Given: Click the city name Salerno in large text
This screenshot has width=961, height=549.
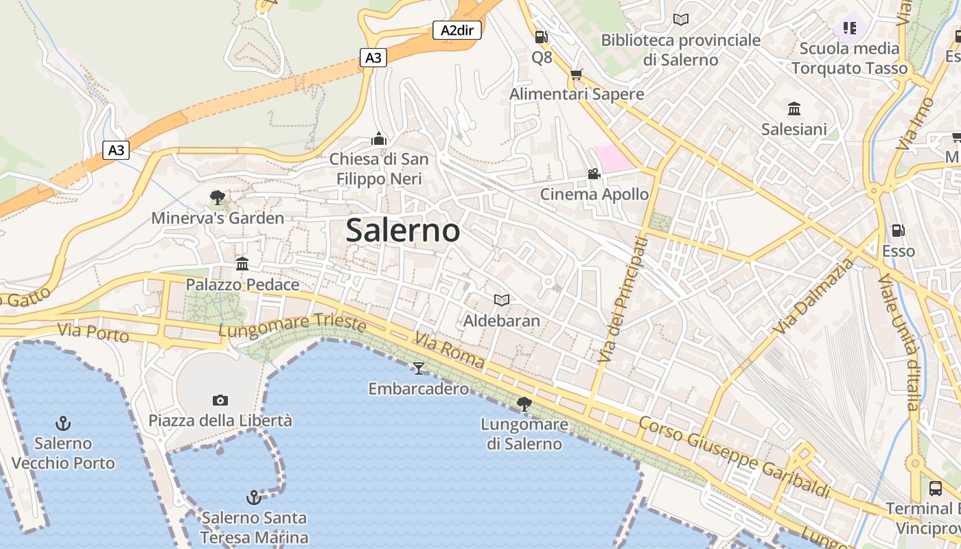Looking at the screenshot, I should pyautogui.click(x=403, y=230).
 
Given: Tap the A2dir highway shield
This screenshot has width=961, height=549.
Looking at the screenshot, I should pyautogui.click(x=456, y=30).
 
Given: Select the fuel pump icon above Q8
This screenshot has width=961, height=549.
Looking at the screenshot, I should pyautogui.click(x=542, y=37).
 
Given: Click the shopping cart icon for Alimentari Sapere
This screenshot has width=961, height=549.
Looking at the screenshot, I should pyautogui.click(x=577, y=73).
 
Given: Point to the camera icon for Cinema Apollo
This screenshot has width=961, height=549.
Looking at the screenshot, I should pyautogui.click(x=594, y=174).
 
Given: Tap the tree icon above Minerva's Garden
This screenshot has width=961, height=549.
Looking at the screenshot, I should pyautogui.click(x=218, y=198).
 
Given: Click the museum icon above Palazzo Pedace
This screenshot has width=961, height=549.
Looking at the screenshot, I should pyautogui.click(x=242, y=264).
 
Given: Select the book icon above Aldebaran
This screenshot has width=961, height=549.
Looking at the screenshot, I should pyautogui.click(x=502, y=300).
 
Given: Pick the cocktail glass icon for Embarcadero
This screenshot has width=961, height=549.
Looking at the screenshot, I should pyautogui.click(x=418, y=369).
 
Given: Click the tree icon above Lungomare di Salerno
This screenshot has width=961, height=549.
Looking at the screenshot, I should pyautogui.click(x=524, y=404).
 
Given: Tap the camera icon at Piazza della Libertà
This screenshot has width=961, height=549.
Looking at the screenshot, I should pyautogui.click(x=220, y=400).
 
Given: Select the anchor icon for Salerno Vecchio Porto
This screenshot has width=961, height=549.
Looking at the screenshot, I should pyautogui.click(x=63, y=423).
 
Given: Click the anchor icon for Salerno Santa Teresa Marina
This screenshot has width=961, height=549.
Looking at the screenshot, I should pyautogui.click(x=254, y=497).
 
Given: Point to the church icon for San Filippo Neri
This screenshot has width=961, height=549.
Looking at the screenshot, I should pyautogui.click(x=379, y=139).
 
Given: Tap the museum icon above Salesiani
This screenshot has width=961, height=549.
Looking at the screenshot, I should pyautogui.click(x=794, y=108).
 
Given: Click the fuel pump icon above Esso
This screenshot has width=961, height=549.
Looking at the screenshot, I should pyautogui.click(x=898, y=231).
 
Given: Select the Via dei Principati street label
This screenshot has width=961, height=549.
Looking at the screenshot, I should pyautogui.click(x=623, y=300).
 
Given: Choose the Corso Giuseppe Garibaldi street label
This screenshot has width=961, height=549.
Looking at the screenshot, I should pyautogui.click(x=734, y=457).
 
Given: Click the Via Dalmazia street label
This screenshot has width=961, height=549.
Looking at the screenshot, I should pyautogui.click(x=815, y=296).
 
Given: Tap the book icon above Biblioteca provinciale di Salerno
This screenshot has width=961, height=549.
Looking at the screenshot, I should pyautogui.click(x=681, y=20).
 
